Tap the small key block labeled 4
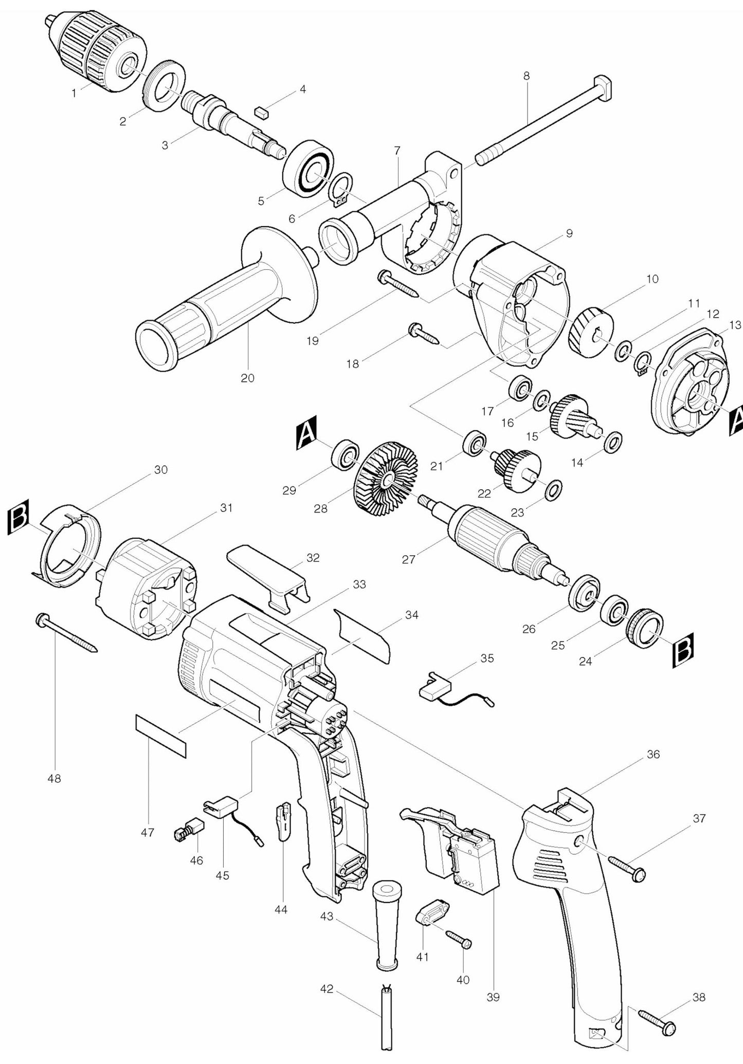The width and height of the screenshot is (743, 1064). click(262, 112)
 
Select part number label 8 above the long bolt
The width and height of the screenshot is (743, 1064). click(526, 76)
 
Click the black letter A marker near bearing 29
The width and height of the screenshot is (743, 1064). click(307, 434)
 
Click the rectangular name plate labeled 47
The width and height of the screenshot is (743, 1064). click(160, 735)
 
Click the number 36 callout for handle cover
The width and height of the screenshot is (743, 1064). click(653, 755)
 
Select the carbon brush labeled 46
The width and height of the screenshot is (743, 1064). click(189, 830)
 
